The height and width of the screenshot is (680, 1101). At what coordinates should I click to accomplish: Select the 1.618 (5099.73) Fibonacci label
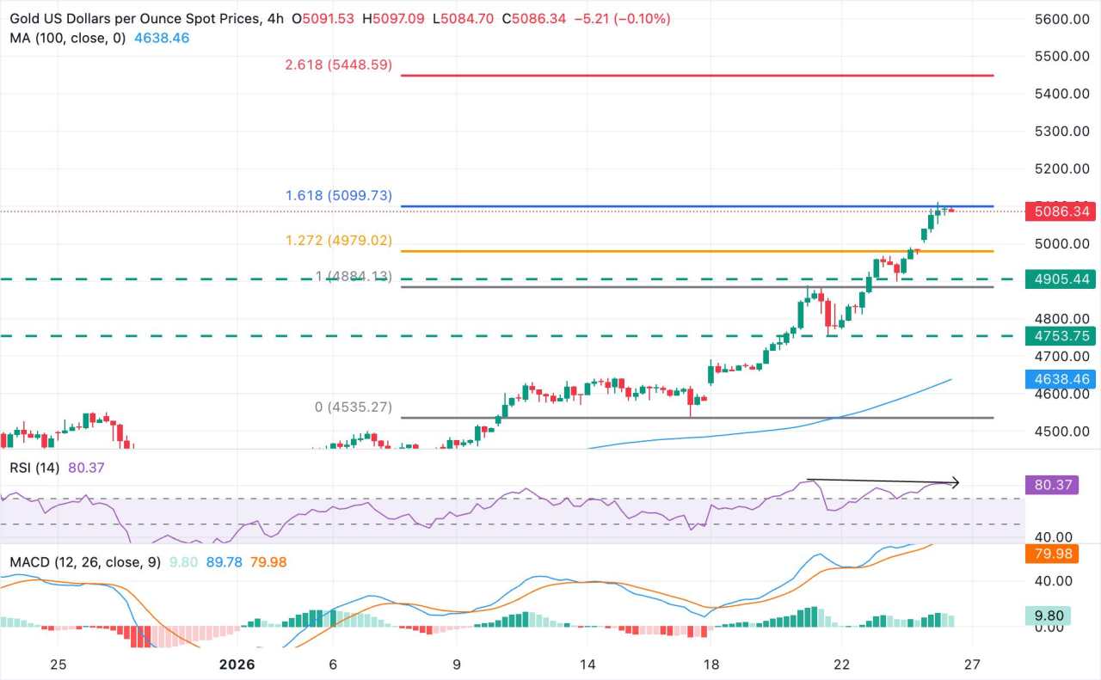pyautogui.click(x=338, y=196)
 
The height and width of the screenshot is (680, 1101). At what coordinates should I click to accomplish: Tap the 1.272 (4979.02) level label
pyautogui.click(x=338, y=242)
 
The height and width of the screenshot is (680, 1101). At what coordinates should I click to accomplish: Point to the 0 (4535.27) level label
pyautogui.click(x=354, y=407)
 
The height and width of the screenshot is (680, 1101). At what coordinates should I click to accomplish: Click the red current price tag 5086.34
pyautogui.click(x=1061, y=211)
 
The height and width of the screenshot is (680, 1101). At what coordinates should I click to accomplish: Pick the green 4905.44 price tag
pyautogui.click(x=1061, y=279)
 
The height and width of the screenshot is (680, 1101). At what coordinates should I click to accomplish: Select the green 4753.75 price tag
pyautogui.click(x=1061, y=336)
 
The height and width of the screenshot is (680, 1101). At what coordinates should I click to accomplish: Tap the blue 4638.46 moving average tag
pyautogui.click(x=1061, y=379)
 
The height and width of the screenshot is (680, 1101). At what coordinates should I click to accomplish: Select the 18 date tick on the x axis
pyautogui.click(x=710, y=665)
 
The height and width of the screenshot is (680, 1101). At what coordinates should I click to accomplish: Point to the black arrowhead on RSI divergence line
pyautogui.click(x=955, y=483)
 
